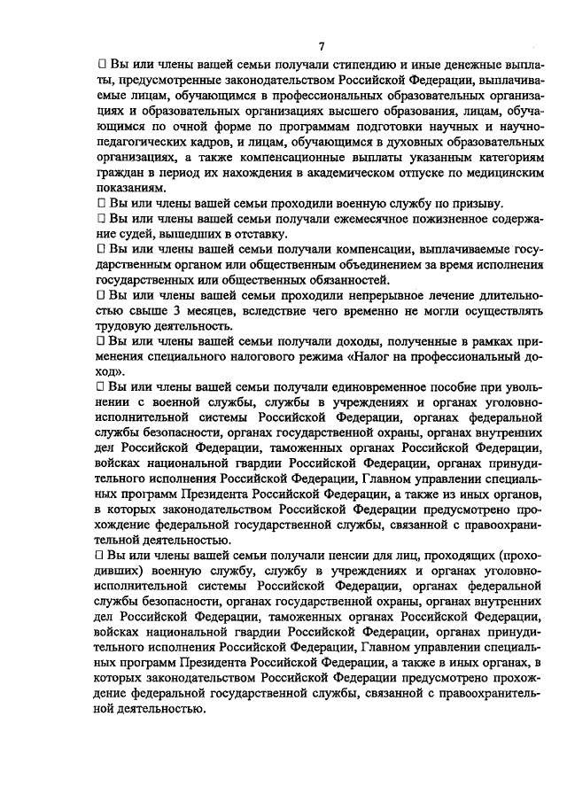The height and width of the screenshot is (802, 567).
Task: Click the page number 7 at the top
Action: [322, 46]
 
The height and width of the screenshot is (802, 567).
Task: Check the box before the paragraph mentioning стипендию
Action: [100, 66]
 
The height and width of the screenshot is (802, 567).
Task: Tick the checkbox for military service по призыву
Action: [100, 203]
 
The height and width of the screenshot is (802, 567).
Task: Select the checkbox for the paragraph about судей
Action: [100, 219]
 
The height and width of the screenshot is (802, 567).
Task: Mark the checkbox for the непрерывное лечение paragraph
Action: [100, 294]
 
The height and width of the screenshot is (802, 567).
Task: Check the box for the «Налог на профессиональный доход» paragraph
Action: [100, 341]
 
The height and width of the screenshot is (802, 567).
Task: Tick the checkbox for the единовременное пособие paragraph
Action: [100, 388]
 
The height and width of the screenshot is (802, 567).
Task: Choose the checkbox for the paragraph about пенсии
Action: [100, 557]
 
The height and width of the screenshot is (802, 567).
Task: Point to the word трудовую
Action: [125, 326]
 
